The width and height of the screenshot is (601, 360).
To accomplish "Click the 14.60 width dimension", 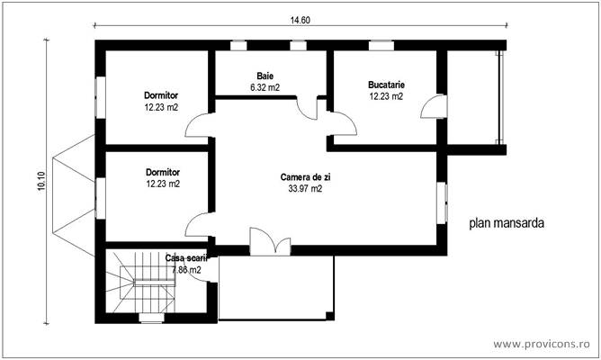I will point(300,20).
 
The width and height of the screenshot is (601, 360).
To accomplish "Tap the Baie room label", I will point(265,76).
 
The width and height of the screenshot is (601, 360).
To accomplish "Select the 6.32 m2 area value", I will point(265,88).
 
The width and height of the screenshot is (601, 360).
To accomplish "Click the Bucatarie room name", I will point(385,85).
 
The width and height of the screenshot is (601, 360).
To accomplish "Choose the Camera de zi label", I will point(305,177).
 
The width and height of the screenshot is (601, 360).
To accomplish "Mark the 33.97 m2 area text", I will point(305,189).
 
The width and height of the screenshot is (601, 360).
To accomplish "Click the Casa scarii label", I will point(184,258).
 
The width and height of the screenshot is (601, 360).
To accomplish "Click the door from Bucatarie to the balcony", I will point(432,108).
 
